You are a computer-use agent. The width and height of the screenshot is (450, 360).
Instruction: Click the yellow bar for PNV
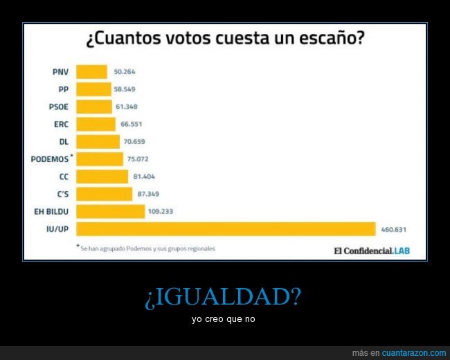(91, 72)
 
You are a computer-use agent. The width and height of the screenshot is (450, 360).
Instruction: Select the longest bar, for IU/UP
(225, 229)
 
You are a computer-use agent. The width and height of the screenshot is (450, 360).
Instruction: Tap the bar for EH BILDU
(110, 212)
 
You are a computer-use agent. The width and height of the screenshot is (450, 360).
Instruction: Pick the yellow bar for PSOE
(93, 107)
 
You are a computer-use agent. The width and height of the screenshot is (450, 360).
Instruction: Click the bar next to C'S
(104, 194)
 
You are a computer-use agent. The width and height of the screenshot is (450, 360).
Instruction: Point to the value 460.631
(393, 229)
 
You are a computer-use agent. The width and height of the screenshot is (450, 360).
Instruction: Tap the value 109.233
(161, 212)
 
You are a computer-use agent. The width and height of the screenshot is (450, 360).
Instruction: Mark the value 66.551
(132, 124)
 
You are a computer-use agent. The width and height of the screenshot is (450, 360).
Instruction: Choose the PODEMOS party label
(50, 159)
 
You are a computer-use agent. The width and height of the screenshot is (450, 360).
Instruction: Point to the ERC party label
(60, 124)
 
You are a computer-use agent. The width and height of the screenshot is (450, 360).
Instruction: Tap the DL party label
(63, 142)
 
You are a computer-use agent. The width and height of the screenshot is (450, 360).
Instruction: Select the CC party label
(63, 177)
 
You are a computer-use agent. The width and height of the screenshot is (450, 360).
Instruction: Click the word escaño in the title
(324, 39)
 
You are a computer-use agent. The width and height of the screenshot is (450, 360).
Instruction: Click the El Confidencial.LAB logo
(371, 250)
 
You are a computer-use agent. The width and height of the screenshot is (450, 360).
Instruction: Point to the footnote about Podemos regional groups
(147, 248)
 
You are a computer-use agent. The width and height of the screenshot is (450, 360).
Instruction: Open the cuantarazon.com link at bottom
(414, 353)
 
